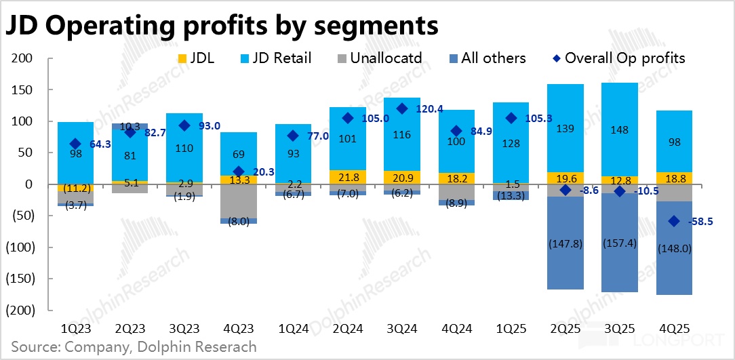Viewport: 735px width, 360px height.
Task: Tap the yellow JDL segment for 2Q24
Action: point(347,177)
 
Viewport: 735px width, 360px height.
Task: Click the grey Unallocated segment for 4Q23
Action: point(238,201)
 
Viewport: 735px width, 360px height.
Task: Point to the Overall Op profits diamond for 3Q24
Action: point(402,108)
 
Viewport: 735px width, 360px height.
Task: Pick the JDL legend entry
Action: point(196,58)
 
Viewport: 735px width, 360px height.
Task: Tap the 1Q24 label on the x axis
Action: point(293,329)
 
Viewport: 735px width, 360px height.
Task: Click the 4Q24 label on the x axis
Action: point(456,329)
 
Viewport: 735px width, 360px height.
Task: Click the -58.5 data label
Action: point(701,222)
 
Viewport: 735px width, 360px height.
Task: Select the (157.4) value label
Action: point(619,242)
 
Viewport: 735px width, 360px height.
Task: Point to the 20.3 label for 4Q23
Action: point(265,172)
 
